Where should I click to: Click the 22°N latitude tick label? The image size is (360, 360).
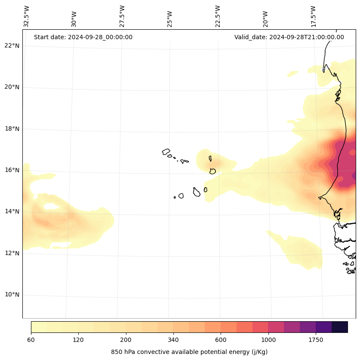(x=12, y=46)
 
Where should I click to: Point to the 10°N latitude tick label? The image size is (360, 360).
(x=12, y=295)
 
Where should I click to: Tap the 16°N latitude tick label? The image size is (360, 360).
(x=12, y=170)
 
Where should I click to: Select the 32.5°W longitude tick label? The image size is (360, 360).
(x=27, y=16)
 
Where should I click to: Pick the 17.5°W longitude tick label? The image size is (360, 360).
(x=314, y=16)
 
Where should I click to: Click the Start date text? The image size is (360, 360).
(x=83, y=37)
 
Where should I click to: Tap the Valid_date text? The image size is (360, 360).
(x=289, y=37)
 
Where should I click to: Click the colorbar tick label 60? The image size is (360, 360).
(x=31, y=340)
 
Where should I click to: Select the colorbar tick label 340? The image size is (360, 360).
(x=173, y=340)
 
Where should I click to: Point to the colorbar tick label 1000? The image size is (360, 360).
(x=268, y=340)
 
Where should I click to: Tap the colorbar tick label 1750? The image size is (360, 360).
(x=316, y=340)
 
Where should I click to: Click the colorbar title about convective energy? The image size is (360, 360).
(x=189, y=352)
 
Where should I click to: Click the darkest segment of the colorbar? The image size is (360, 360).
(x=340, y=327)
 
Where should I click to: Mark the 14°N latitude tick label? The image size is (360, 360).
(x=12, y=211)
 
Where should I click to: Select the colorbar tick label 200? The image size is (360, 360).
(x=126, y=340)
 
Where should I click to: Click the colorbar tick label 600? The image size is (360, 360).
(x=221, y=340)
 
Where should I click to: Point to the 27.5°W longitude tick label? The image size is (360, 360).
(x=122, y=16)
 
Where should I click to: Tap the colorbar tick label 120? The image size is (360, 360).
(x=78, y=340)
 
